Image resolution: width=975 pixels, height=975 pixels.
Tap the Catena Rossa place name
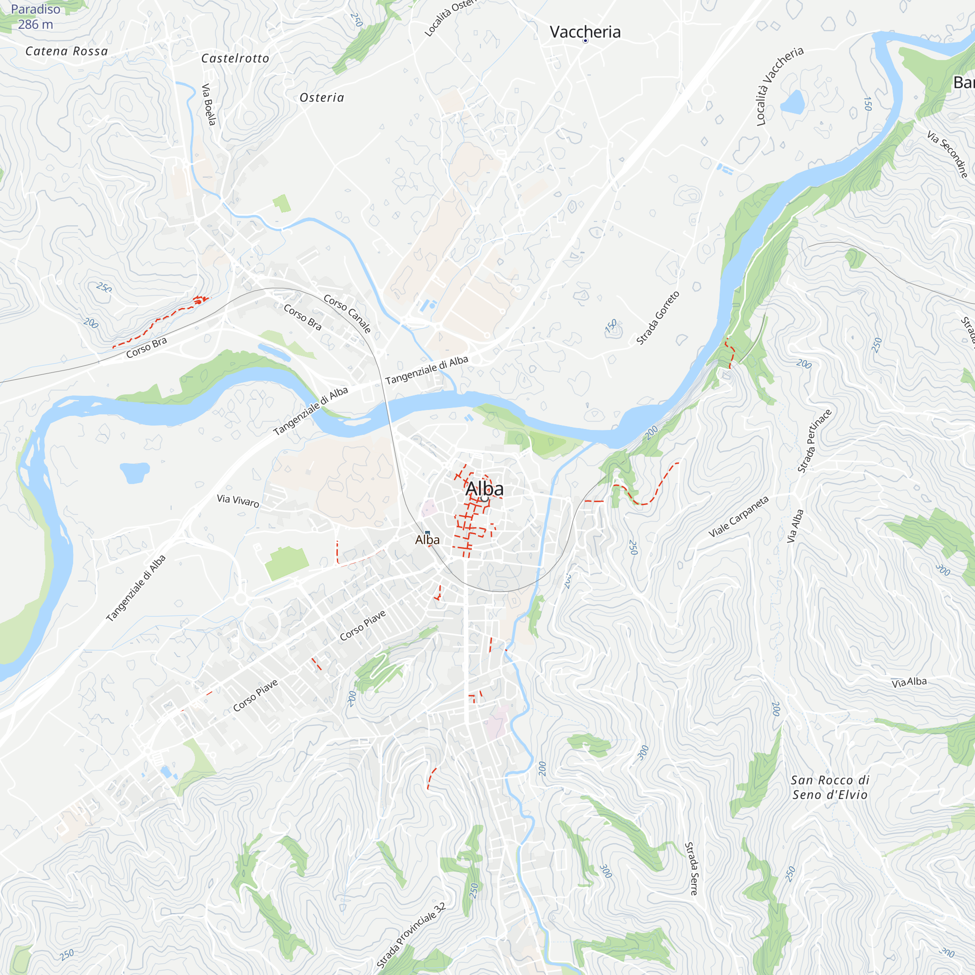click(x=67, y=51)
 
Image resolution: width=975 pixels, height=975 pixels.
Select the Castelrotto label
click(x=235, y=58)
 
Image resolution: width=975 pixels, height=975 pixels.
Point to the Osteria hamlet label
click(x=322, y=97)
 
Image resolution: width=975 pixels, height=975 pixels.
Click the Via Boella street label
click(x=209, y=104)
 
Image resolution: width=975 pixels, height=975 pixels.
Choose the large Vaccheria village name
click(x=585, y=32)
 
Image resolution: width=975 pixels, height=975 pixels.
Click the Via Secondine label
click(x=948, y=154)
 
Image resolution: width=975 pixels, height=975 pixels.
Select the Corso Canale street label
click(x=348, y=314)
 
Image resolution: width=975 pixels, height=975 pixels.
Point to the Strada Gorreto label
click(x=658, y=318)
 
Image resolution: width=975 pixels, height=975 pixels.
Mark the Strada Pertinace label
click(x=815, y=441)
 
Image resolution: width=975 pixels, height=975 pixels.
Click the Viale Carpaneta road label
click(x=739, y=516)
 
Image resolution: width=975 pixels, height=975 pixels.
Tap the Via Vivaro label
click(x=238, y=501)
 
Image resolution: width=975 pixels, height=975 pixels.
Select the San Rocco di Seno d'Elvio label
click(x=830, y=787)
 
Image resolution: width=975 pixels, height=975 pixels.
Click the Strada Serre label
click(x=691, y=868)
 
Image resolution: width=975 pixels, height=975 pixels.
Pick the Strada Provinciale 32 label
click(x=411, y=936)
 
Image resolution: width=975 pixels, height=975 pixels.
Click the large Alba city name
click(x=485, y=488)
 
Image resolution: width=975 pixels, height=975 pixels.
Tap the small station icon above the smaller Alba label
click(x=428, y=532)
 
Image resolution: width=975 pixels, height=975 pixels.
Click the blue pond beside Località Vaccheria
click(x=793, y=102)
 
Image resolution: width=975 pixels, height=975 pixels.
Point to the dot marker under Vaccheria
click(x=585, y=41)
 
